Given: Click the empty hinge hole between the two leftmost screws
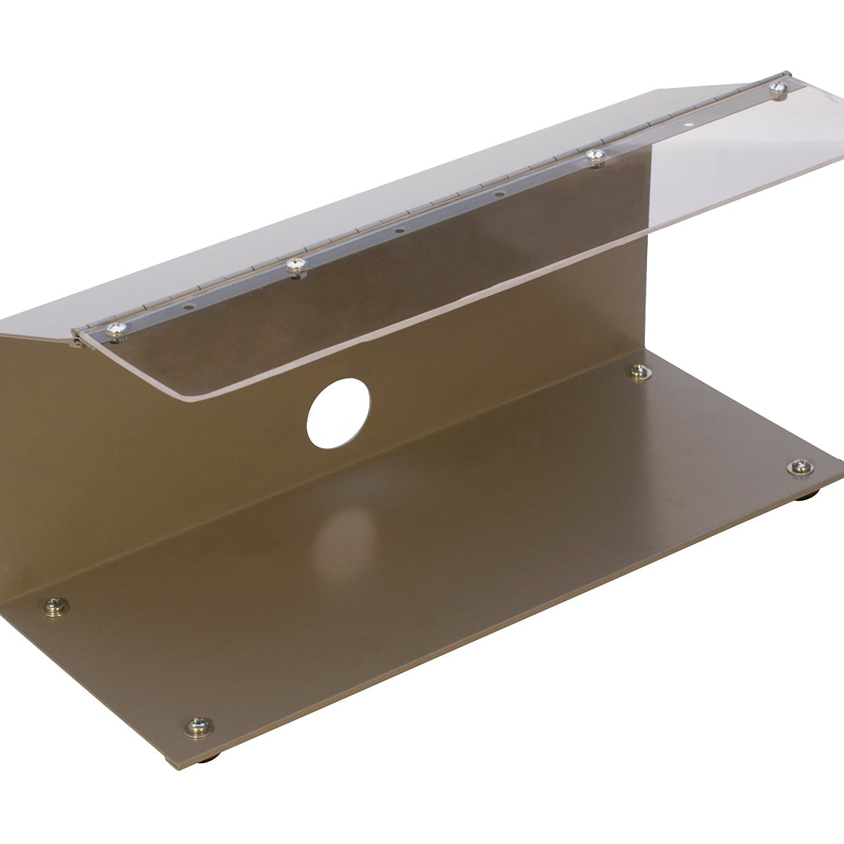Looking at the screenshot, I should click(x=188, y=307).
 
